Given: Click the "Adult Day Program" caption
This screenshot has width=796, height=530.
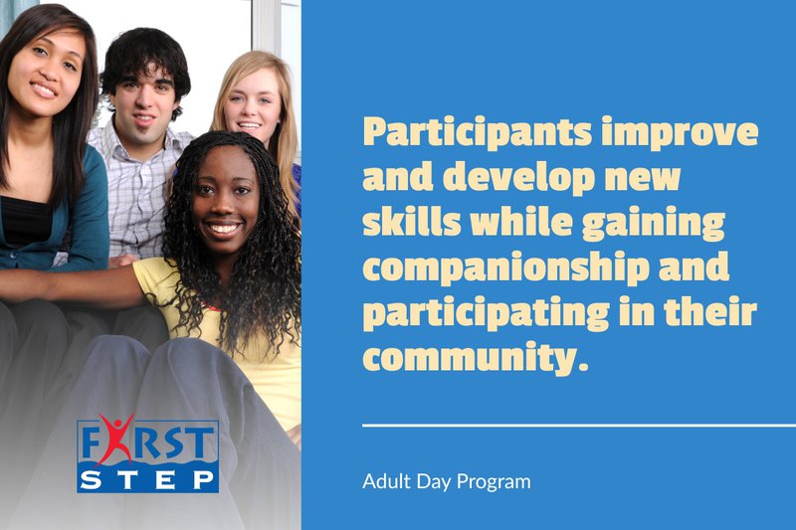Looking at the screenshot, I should coord(446,482).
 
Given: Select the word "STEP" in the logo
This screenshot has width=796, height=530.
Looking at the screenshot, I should coord(148,480).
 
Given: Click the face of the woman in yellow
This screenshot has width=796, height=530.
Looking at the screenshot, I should coord(224,194).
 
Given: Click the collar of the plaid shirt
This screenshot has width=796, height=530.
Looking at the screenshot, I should coord(130,140).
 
